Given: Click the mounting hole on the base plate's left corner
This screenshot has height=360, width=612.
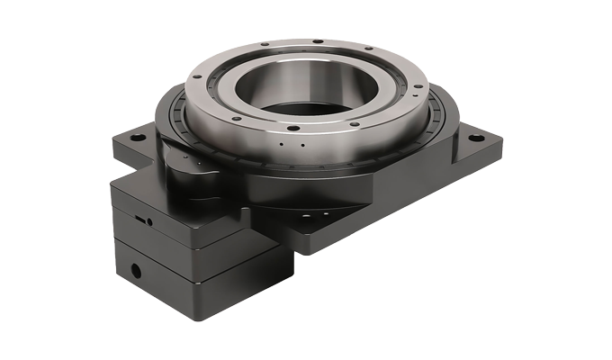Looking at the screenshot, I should point(136,139).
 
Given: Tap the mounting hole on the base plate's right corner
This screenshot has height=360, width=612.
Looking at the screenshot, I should point(475,139).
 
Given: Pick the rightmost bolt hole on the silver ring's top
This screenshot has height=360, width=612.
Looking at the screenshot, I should point(416,86).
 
